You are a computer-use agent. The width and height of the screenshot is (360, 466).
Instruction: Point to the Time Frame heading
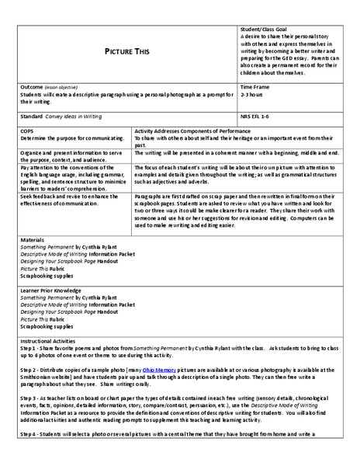(257, 87)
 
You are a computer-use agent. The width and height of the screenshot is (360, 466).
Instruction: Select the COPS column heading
(27, 131)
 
